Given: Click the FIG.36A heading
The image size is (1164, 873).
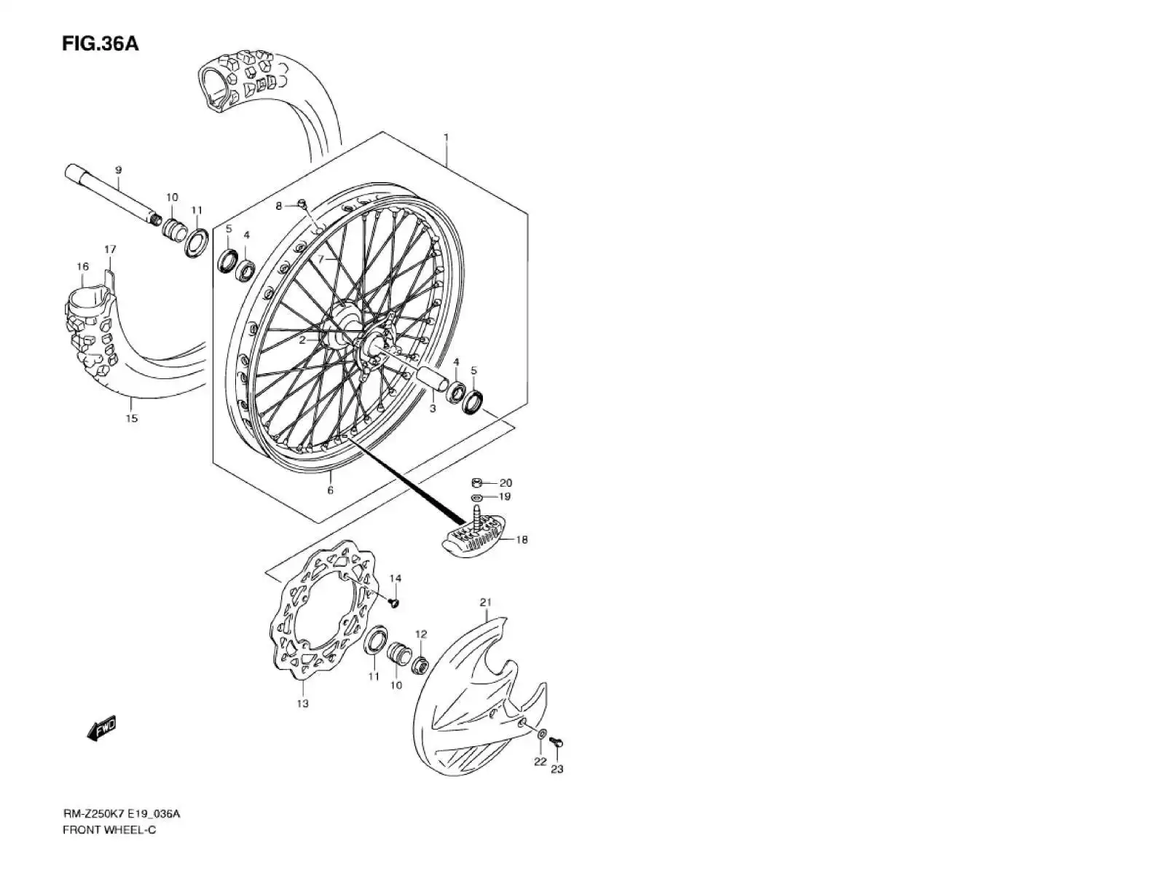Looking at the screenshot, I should (x=100, y=44).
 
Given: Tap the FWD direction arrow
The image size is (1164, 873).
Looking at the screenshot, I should (x=101, y=728).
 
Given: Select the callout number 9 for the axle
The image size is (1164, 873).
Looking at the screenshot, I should (x=118, y=171).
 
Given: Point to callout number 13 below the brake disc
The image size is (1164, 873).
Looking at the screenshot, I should (x=302, y=703).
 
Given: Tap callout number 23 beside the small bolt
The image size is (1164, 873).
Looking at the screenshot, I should (x=557, y=769).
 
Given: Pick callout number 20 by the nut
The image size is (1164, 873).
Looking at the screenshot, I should (x=506, y=482).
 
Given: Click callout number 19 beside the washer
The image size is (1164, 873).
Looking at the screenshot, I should (x=505, y=496).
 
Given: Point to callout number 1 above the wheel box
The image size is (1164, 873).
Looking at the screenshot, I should (x=446, y=137).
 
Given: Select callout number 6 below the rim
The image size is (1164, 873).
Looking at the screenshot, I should (x=330, y=490).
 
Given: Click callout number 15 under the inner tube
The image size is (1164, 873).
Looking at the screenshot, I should (x=132, y=418).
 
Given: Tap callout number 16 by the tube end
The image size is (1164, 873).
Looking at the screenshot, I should (x=83, y=267).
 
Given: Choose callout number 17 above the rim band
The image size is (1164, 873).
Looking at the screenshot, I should (x=110, y=249).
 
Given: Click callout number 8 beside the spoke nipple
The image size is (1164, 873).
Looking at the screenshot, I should (x=278, y=206).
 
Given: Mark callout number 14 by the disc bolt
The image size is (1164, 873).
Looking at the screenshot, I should (x=395, y=579).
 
